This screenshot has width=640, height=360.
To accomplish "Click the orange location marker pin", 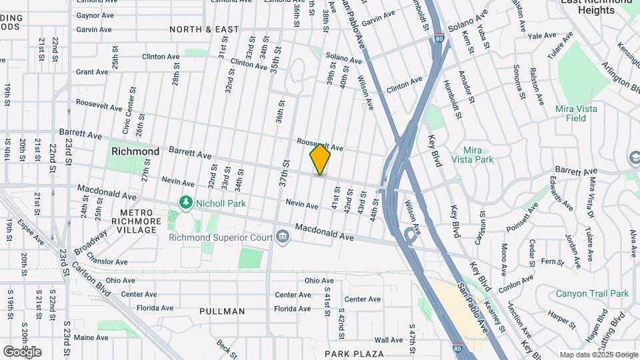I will [320, 159].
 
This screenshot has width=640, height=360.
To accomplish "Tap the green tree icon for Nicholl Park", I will [185, 202].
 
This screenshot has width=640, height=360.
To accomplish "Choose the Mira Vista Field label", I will [575, 113].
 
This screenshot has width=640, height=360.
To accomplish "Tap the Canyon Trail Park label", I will [592, 293].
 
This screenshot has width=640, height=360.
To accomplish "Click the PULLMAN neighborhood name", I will [222, 311].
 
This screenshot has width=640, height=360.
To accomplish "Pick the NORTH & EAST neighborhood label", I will [204, 29].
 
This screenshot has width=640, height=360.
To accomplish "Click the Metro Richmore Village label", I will [136, 221].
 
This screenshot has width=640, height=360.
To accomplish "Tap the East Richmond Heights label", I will [596, 7].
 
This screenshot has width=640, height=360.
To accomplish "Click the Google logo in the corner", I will [22, 352].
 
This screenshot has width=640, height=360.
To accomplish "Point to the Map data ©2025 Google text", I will [598, 355].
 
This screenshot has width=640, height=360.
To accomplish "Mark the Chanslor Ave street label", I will [107, 262].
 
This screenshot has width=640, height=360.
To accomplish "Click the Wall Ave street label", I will [388, 340].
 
